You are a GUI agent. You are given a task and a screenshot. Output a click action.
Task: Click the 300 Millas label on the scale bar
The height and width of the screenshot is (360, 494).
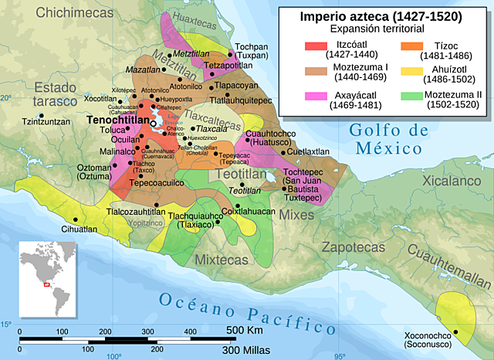[x=245, y=350]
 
